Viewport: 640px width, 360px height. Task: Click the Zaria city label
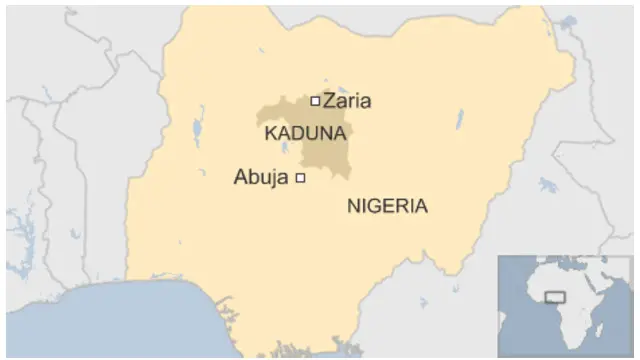point(347,100)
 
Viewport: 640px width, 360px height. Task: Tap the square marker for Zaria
point(315,100)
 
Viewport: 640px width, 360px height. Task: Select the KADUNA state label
point(305,132)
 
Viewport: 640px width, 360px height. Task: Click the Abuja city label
point(260,178)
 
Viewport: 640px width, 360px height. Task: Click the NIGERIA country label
point(387,206)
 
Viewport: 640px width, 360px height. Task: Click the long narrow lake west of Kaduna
point(199,131)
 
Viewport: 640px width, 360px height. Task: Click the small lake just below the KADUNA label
point(287,150)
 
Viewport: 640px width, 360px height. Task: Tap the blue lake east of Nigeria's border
point(547,185)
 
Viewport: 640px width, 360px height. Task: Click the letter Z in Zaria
point(328,100)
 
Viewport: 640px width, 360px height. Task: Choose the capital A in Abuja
point(240,178)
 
